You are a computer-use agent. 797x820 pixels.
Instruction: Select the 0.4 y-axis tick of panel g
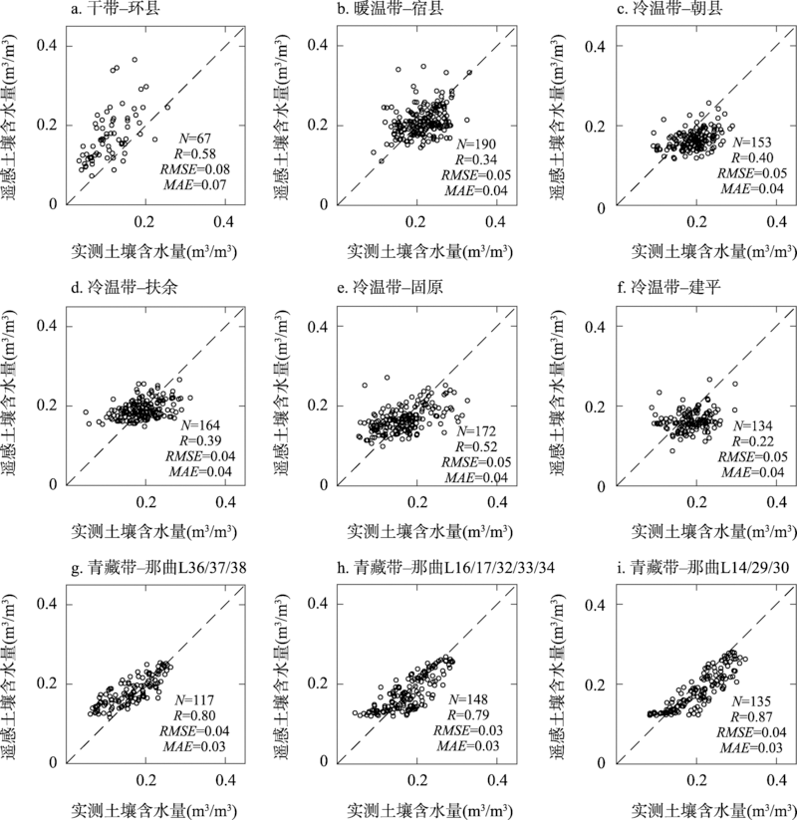tap(47, 605)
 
